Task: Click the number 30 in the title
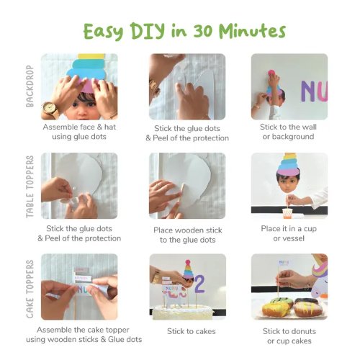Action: click(203, 31)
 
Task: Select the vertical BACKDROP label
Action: click(30, 86)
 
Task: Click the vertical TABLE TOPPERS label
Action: click(30, 186)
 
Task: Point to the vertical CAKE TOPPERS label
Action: click(30, 289)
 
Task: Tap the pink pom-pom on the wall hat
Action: click(271, 73)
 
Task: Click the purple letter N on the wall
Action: click(309, 91)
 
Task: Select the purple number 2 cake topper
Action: click(199, 284)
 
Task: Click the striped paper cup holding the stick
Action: click(288, 213)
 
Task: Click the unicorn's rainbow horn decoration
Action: click(320, 269)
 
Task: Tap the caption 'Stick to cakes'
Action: click(192, 331)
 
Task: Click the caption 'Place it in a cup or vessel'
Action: click(289, 233)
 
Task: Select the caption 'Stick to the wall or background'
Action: click(288, 132)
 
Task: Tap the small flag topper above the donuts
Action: click(284, 262)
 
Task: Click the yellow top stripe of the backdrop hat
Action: click(91, 56)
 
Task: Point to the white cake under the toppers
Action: click(183, 312)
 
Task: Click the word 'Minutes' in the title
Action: click(252, 31)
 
